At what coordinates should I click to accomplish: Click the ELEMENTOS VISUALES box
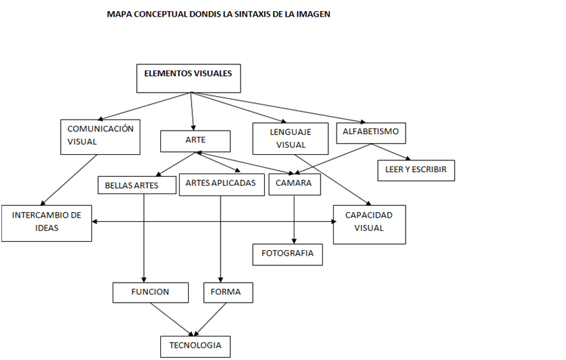coord(188,78)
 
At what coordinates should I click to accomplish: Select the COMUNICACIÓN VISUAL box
coord(100,136)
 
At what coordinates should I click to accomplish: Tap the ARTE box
coord(195,141)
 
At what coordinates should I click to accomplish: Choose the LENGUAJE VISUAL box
coord(290,138)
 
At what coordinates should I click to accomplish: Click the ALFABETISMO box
coord(370,132)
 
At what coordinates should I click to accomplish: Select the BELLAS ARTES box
coord(137,185)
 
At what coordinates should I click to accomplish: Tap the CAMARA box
coord(294,184)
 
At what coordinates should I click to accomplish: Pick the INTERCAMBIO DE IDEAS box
coord(46,222)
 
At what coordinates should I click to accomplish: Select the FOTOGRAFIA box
coord(287,254)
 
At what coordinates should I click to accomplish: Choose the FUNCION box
coord(150,292)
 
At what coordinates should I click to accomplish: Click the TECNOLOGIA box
coord(195,345)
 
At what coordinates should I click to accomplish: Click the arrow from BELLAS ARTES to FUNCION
coord(143,238)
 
